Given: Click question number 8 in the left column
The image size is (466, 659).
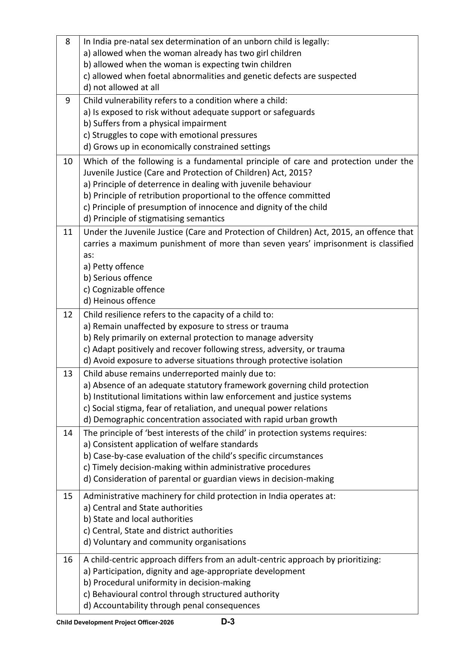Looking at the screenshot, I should [68, 42].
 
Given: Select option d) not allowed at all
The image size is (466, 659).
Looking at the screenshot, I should [121, 88].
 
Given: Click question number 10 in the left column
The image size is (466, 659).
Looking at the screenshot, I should [68, 162].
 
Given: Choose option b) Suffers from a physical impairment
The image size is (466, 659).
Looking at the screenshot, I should [155, 124].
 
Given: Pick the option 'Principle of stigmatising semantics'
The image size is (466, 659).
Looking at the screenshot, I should [154, 219].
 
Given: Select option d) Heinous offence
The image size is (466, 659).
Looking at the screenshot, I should [119, 301].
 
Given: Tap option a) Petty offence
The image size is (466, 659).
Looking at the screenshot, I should [114, 267].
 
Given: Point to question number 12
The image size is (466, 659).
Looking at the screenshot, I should [68, 315].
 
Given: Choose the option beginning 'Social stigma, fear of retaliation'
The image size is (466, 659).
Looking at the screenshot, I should [205, 408].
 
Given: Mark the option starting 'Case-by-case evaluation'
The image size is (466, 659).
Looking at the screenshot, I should [203, 456].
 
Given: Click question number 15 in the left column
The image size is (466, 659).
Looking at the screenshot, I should [68, 496].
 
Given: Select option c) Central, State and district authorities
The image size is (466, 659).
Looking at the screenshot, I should [158, 531].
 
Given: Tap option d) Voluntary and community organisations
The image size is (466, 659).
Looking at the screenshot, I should [164, 542].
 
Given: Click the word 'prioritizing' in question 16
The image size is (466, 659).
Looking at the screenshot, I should [358, 560].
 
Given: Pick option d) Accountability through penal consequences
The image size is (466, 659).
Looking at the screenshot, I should [172, 606].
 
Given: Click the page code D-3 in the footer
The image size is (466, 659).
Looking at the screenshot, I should [228, 622].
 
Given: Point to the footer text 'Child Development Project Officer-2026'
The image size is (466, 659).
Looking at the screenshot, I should [115, 623].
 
